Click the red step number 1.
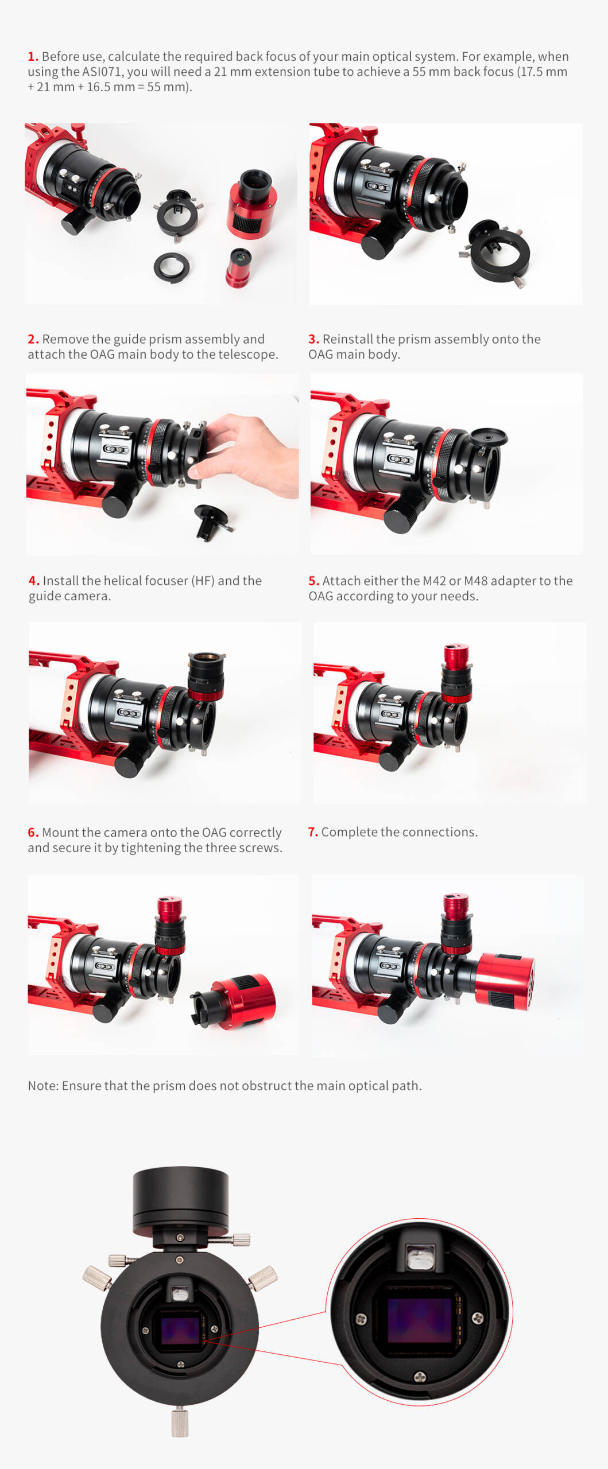click(33, 56)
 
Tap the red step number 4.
click(34, 581)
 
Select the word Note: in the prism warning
click(43, 1086)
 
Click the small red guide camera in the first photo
click(238, 267)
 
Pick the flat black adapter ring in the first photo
click(172, 267)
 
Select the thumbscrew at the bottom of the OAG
click(180, 1421)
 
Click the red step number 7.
click(313, 832)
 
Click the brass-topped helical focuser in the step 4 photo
click(206, 677)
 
